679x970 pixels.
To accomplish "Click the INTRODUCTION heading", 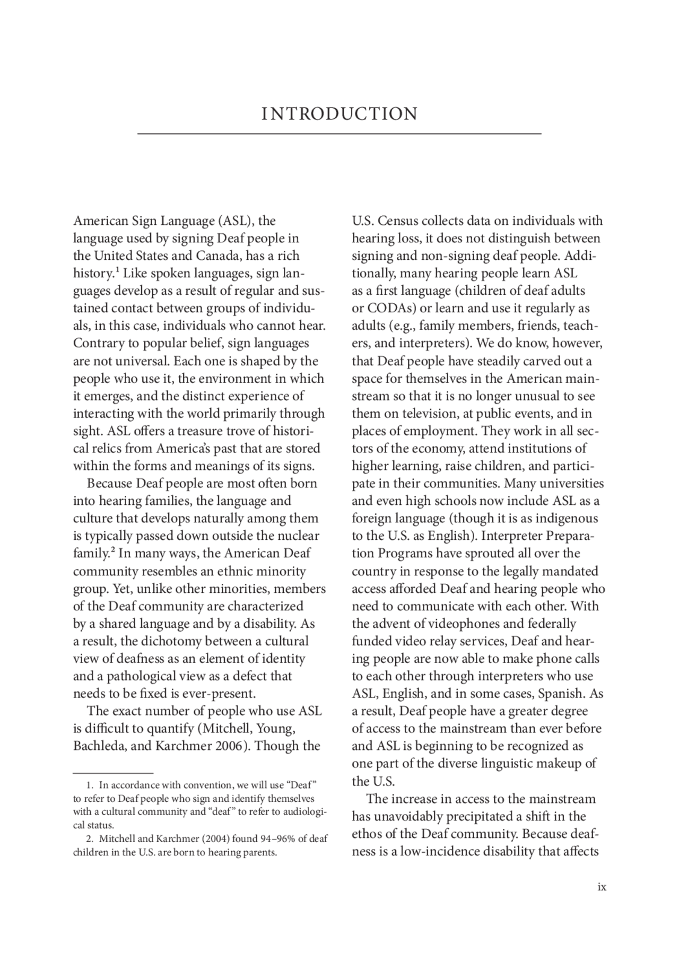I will pyautogui.click(x=339, y=114).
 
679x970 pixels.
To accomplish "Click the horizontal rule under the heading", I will pyautogui.click(x=339, y=134).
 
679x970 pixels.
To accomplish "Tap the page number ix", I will pyautogui.click(x=602, y=887).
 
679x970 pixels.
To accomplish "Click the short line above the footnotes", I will pyautogui.click(x=113, y=773).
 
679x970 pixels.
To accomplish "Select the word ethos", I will pyautogui.click(x=366, y=834).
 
